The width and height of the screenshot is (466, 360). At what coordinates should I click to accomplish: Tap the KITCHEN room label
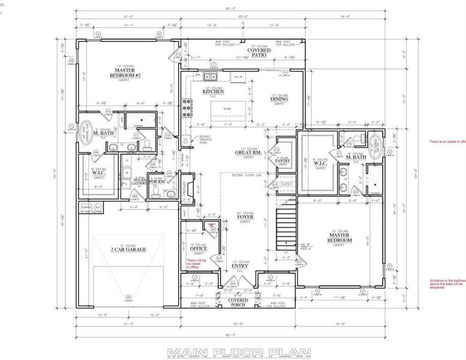[213, 92]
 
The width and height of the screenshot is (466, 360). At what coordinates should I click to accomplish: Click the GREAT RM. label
[246, 152]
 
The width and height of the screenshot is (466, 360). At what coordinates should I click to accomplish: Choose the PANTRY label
[282, 161]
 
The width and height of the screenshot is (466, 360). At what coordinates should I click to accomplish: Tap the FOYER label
[245, 218]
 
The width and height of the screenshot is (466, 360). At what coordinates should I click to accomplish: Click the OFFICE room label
[199, 248]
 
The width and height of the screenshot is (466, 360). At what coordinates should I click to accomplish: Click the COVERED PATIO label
[260, 53]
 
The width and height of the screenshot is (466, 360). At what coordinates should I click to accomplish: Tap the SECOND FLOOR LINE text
[244, 175]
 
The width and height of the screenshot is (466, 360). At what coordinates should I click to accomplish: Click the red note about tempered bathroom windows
[446, 283]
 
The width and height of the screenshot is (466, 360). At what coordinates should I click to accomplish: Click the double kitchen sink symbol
[210, 76]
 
